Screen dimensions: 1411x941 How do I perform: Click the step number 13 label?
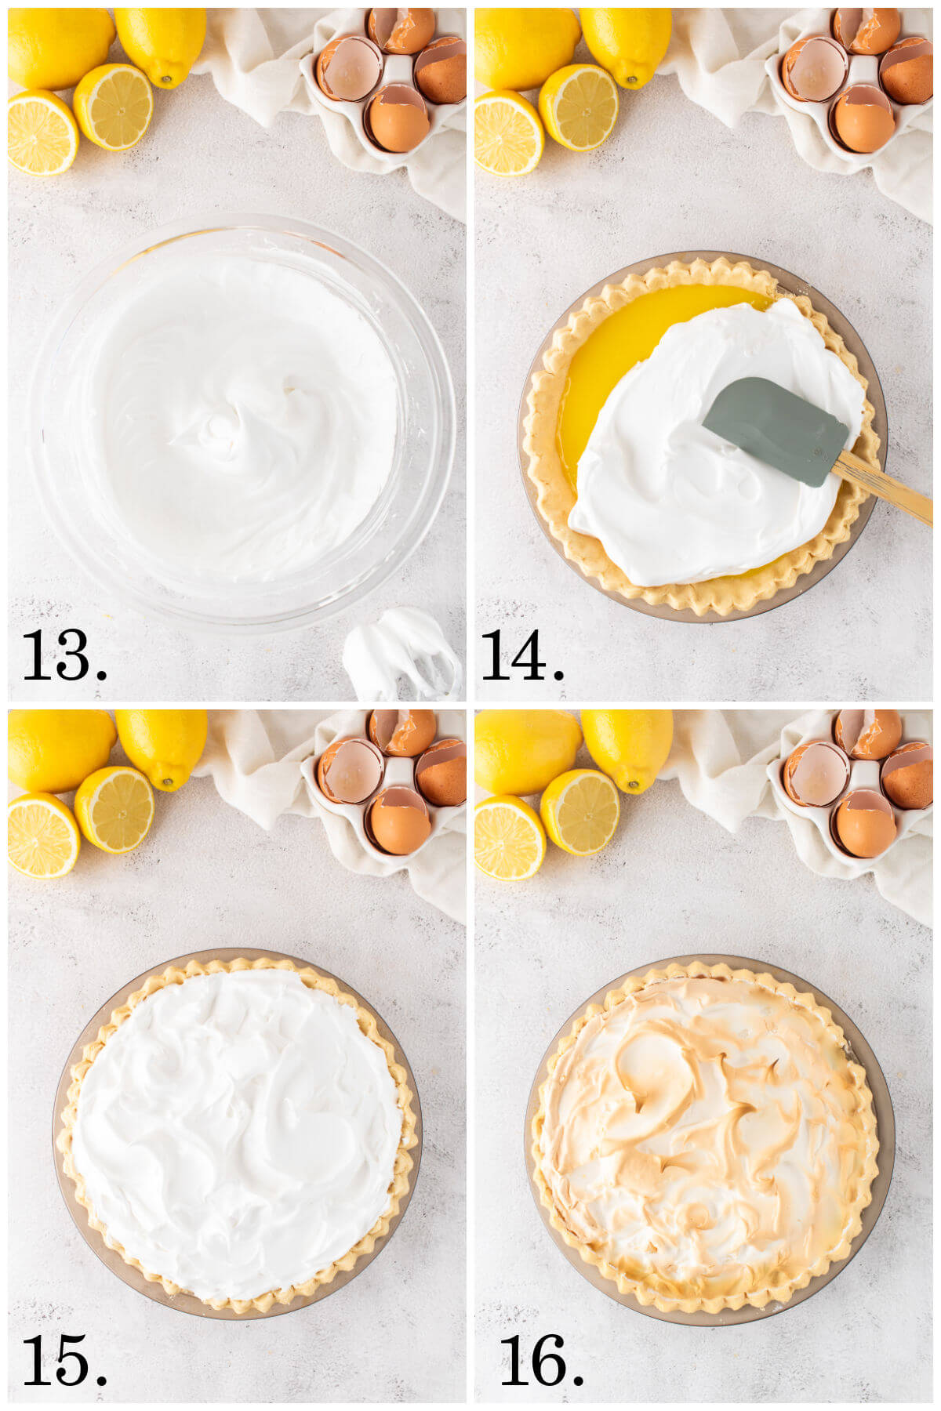point(64,655)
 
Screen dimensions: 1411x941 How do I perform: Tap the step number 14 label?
point(522,655)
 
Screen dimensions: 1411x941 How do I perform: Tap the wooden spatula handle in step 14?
point(882,490)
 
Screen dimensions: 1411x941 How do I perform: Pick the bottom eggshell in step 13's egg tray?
point(398,119)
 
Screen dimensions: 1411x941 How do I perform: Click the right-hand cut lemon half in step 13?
point(114,106)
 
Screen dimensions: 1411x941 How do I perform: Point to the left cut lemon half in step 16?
point(508,836)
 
